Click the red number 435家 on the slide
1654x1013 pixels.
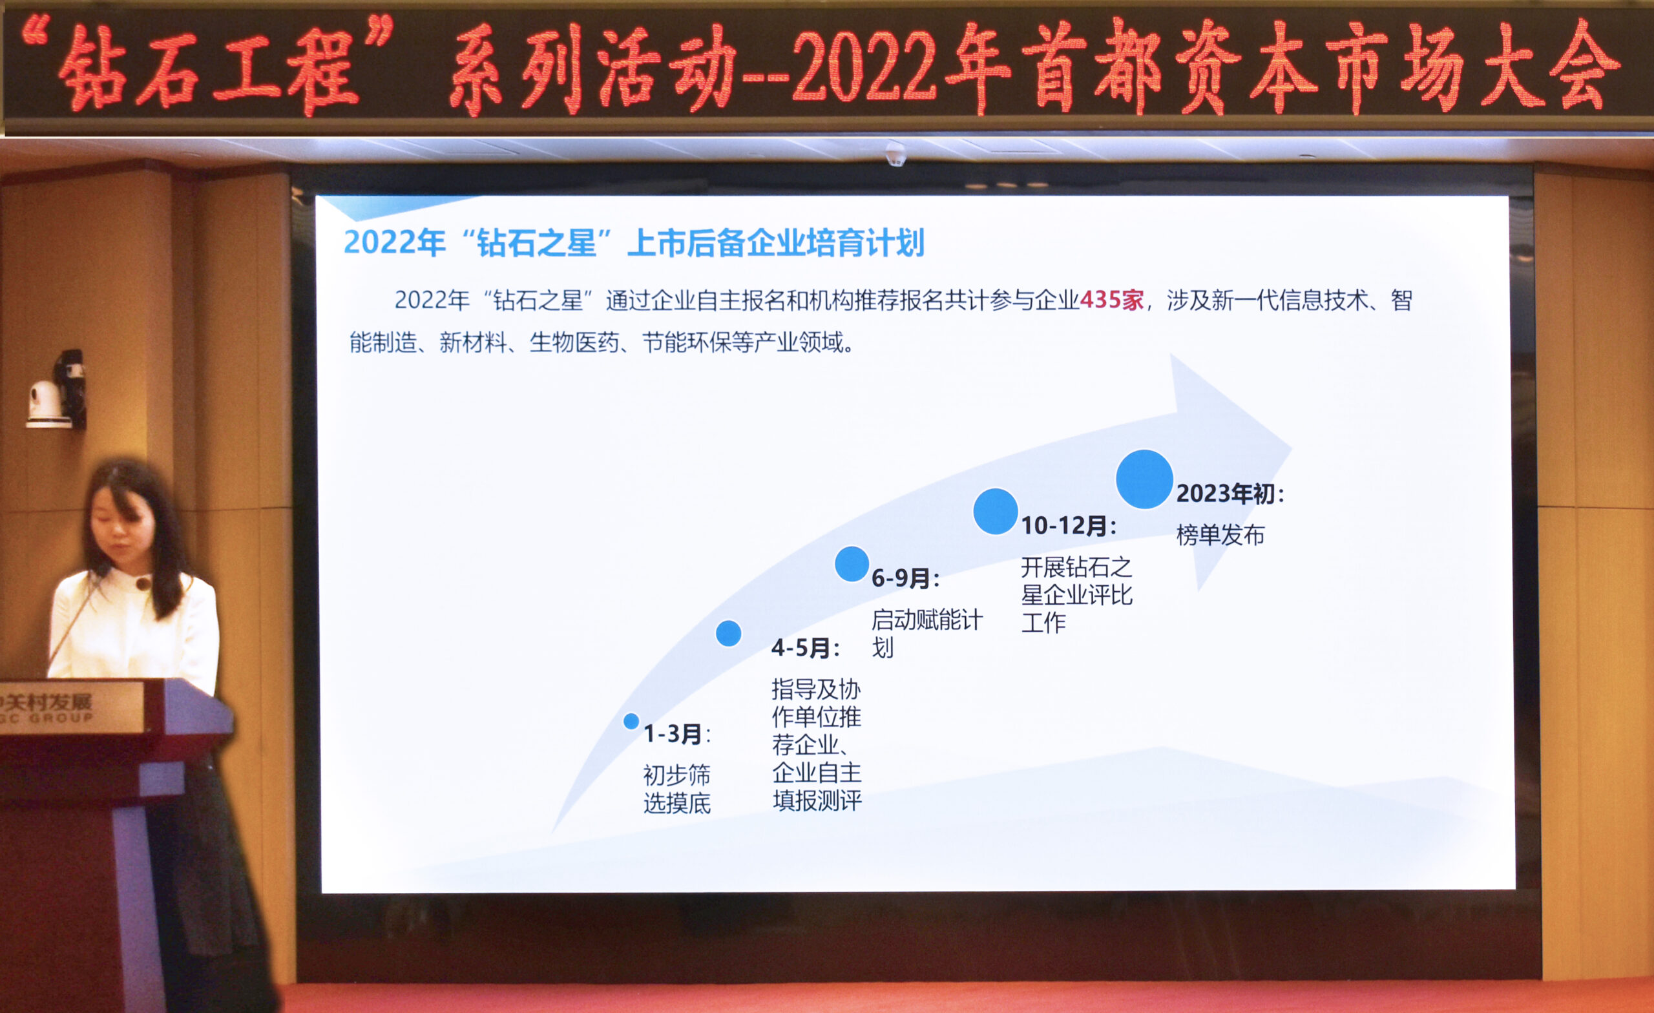1112,300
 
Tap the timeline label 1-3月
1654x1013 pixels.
677,734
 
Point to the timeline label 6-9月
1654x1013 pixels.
906,578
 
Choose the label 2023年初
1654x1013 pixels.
1230,494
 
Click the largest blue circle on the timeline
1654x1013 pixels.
1144,479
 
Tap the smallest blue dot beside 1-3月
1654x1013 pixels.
631,721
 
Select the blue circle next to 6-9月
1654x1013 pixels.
852,563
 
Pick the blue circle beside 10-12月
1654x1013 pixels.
996,511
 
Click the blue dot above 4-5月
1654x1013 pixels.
728,633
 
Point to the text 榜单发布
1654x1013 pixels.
1220,535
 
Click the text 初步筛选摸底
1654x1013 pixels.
676,789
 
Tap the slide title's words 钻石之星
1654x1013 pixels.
536,243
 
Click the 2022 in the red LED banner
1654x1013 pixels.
865,66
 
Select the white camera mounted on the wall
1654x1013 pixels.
47,402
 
